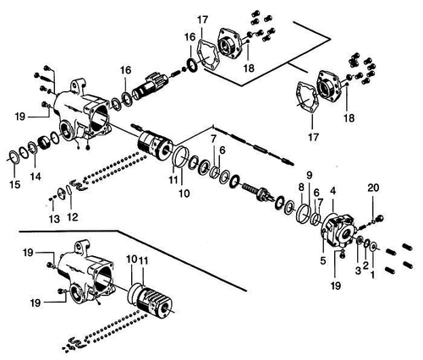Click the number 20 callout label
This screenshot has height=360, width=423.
(373, 188)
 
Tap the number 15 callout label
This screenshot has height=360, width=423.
(14, 185)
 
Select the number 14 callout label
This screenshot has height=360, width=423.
(36, 177)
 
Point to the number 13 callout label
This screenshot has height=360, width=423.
(54, 219)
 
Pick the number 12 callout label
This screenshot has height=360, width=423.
(73, 217)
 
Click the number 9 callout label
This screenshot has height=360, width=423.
(310, 176)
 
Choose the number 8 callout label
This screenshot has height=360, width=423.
(301, 187)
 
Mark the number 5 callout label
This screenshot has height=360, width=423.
(323, 261)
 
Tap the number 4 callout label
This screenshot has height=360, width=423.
(333, 191)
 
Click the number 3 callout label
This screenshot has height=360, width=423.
(358, 270)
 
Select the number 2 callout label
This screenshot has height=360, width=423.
(365, 265)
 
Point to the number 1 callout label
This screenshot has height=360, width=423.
(372, 274)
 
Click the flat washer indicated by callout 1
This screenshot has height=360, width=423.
(374, 247)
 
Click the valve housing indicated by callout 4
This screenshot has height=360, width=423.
(338, 231)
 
